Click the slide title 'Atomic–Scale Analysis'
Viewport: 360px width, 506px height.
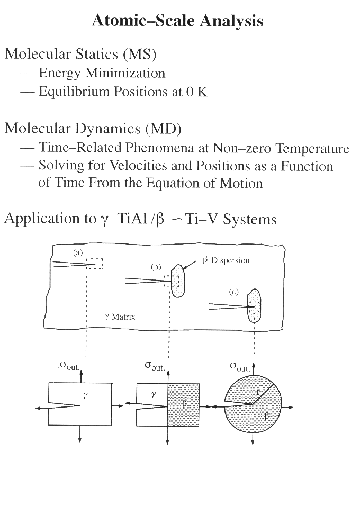coord(177,21)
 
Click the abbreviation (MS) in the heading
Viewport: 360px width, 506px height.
coord(139,54)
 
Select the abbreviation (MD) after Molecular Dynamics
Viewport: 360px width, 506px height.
coord(163,129)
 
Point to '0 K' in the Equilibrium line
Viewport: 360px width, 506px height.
coord(196,92)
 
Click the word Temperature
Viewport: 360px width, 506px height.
coord(313,148)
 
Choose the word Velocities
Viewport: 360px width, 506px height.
coord(139,166)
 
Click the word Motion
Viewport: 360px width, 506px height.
coord(241,183)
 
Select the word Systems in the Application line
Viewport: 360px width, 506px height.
coord(249,220)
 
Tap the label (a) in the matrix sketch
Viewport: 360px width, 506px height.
coord(78,252)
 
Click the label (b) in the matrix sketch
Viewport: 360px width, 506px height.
coord(156,267)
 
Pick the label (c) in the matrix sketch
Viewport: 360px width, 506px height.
coord(234,292)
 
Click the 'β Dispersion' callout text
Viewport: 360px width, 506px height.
coord(227,260)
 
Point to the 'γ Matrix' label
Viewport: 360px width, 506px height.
coord(120,317)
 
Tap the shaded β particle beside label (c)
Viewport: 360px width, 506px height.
coord(254,305)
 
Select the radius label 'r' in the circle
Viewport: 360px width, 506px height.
coord(258,392)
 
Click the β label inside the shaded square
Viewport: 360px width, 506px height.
coord(184,404)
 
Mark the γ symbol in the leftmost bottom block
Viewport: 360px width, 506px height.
coord(85,395)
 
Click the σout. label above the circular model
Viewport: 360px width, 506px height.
coord(240,367)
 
